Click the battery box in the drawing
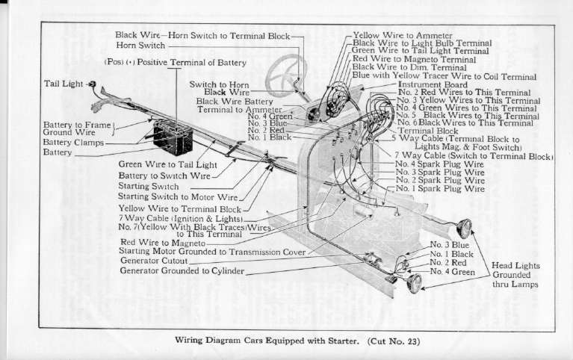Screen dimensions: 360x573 (173, 138)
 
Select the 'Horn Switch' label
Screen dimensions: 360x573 (140, 46)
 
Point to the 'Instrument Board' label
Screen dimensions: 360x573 (433, 84)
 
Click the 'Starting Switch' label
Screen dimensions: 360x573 (148, 185)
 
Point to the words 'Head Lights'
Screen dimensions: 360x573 (515, 265)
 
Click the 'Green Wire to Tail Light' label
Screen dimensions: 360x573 (167, 164)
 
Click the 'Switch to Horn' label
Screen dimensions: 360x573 (219, 84)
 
